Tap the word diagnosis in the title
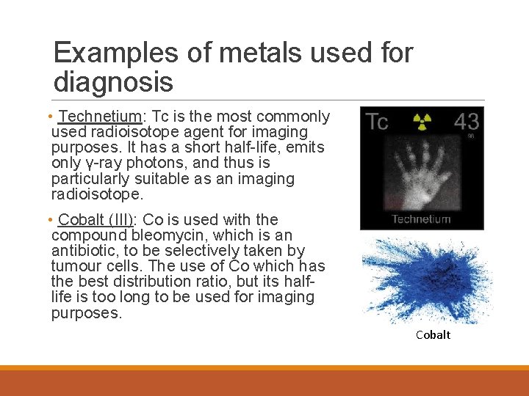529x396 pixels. click(x=113, y=82)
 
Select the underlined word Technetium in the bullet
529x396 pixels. click(x=100, y=117)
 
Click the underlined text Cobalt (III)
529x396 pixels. click(x=96, y=220)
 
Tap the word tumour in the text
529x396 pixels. click(x=76, y=266)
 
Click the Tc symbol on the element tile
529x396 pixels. click(x=377, y=122)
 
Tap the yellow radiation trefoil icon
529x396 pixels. click(x=422, y=121)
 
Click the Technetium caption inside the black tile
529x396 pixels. click(x=421, y=219)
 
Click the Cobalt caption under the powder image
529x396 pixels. click(x=433, y=335)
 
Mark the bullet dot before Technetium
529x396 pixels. click(x=48, y=117)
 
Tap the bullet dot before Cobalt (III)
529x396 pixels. click(x=48, y=220)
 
